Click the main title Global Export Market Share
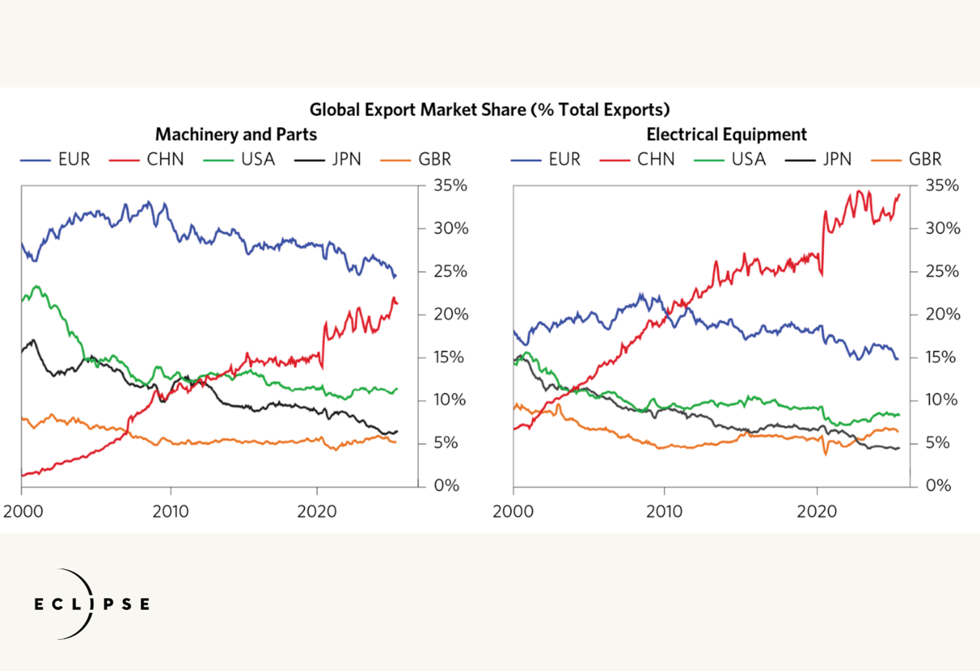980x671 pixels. click(x=489, y=110)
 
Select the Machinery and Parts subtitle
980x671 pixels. click(x=236, y=135)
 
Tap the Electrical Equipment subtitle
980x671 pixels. click(x=726, y=135)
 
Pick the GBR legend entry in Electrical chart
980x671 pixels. click(x=925, y=160)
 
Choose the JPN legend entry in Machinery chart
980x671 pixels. click(x=346, y=160)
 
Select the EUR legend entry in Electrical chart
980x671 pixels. click(x=564, y=160)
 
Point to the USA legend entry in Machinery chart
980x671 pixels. click(x=258, y=160)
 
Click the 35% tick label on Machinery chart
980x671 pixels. click(x=450, y=186)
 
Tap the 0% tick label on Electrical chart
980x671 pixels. click(x=938, y=486)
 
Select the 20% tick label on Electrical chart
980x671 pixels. click(x=942, y=314)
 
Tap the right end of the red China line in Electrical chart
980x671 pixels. click(x=899, y=195)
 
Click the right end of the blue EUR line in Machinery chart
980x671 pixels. click(x=396, y=277)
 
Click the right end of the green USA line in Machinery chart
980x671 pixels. click(x=397, y=389)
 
